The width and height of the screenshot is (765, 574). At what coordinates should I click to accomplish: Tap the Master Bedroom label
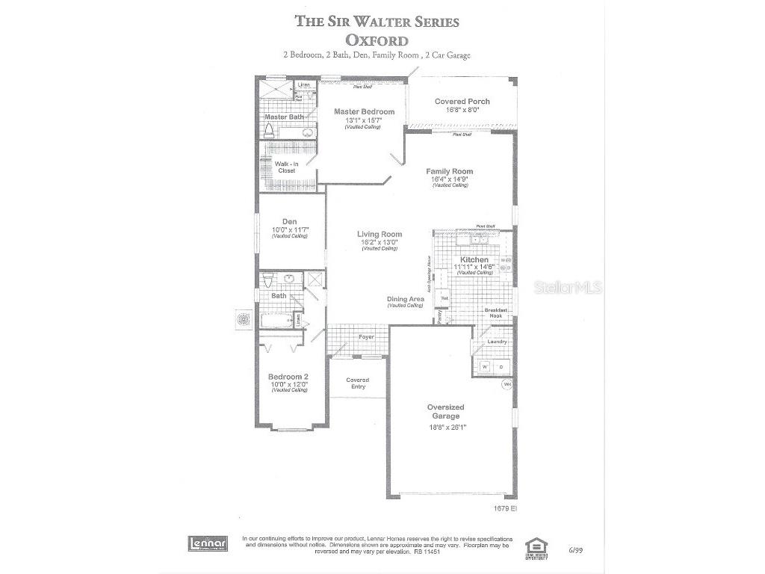(364, 111)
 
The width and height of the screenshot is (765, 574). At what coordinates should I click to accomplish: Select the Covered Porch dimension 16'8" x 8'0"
(462, 109)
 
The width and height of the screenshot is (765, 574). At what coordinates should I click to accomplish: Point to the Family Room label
(450, 171)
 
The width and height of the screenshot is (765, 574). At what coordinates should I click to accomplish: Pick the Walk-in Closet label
(286, 167)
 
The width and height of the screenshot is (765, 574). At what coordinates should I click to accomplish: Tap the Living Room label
(380, 234)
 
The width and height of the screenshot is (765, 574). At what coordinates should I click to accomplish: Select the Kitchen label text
(474, 259)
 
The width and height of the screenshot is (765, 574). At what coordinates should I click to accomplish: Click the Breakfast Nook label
(496, 314)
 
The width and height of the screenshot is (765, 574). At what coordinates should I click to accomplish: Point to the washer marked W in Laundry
(484, 367)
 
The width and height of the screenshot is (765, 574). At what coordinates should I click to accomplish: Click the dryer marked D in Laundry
(502, 367)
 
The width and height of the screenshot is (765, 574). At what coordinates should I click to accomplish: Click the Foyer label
(366, 337)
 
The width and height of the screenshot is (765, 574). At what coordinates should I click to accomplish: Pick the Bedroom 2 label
(288, 377)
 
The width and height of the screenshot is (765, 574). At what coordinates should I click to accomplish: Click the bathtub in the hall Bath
(276, 321)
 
